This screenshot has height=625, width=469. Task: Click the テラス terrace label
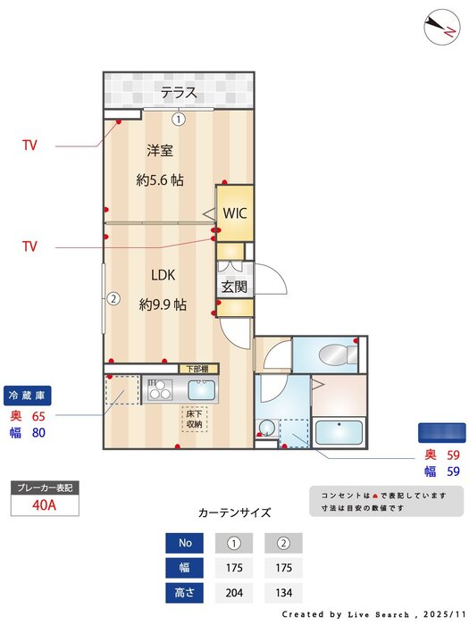coord(179,92)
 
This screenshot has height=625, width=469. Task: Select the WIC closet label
coord(235,213)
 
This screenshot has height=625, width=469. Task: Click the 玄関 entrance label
coord(234,287)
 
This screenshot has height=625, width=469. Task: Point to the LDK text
coord(162,275)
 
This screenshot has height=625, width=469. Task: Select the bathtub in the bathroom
coord(339,433)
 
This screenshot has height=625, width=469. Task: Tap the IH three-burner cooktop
coord(162,390)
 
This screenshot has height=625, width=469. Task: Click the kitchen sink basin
coord(202,390)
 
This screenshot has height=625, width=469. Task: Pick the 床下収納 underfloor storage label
coord(195,419)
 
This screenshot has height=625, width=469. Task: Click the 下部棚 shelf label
coord(197,369)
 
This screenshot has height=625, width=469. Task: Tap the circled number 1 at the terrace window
coord(179,118)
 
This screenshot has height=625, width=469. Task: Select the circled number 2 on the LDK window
coord(113,298)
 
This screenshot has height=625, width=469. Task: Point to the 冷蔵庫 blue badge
coord(29,394)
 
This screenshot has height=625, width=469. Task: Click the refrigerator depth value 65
coord(38,416)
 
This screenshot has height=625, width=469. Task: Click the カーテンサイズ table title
coord(234,512)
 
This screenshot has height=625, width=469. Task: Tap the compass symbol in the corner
coord(439,26)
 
